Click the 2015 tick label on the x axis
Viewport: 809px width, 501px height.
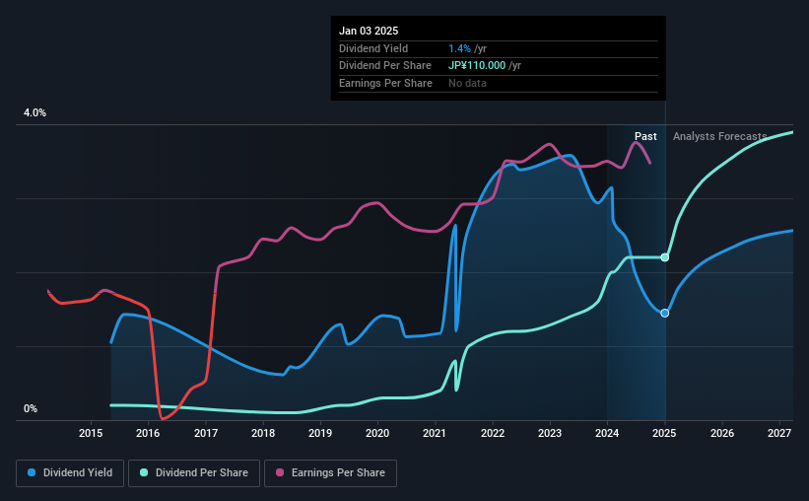(x=91, y=433)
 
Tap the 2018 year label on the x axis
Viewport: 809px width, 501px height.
(x=263, y=433)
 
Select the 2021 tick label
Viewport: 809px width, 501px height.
(x=436, y=433)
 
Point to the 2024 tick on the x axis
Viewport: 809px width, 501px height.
(x=607, y=433)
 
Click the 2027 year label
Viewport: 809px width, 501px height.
(x=779, y=433)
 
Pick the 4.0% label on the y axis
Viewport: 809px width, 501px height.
(x=35, y=113)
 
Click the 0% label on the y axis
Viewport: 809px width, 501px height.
(x=31, y=409)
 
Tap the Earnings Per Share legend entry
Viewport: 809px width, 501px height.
(x=331, y=473)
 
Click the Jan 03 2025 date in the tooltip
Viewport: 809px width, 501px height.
(x=369, y=32)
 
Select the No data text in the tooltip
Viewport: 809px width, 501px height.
(x=467, y=83)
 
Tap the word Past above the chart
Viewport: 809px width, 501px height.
(x=645, y=137)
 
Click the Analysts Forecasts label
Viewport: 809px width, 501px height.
(x=719, y=137)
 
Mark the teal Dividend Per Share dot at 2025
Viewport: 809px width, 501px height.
(x=665, y=257)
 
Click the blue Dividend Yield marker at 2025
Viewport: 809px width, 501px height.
(x=665, y=313)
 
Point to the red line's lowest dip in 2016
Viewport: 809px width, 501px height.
(x=163, y=418)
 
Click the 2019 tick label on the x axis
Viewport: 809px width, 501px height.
(x=320, y=433)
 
